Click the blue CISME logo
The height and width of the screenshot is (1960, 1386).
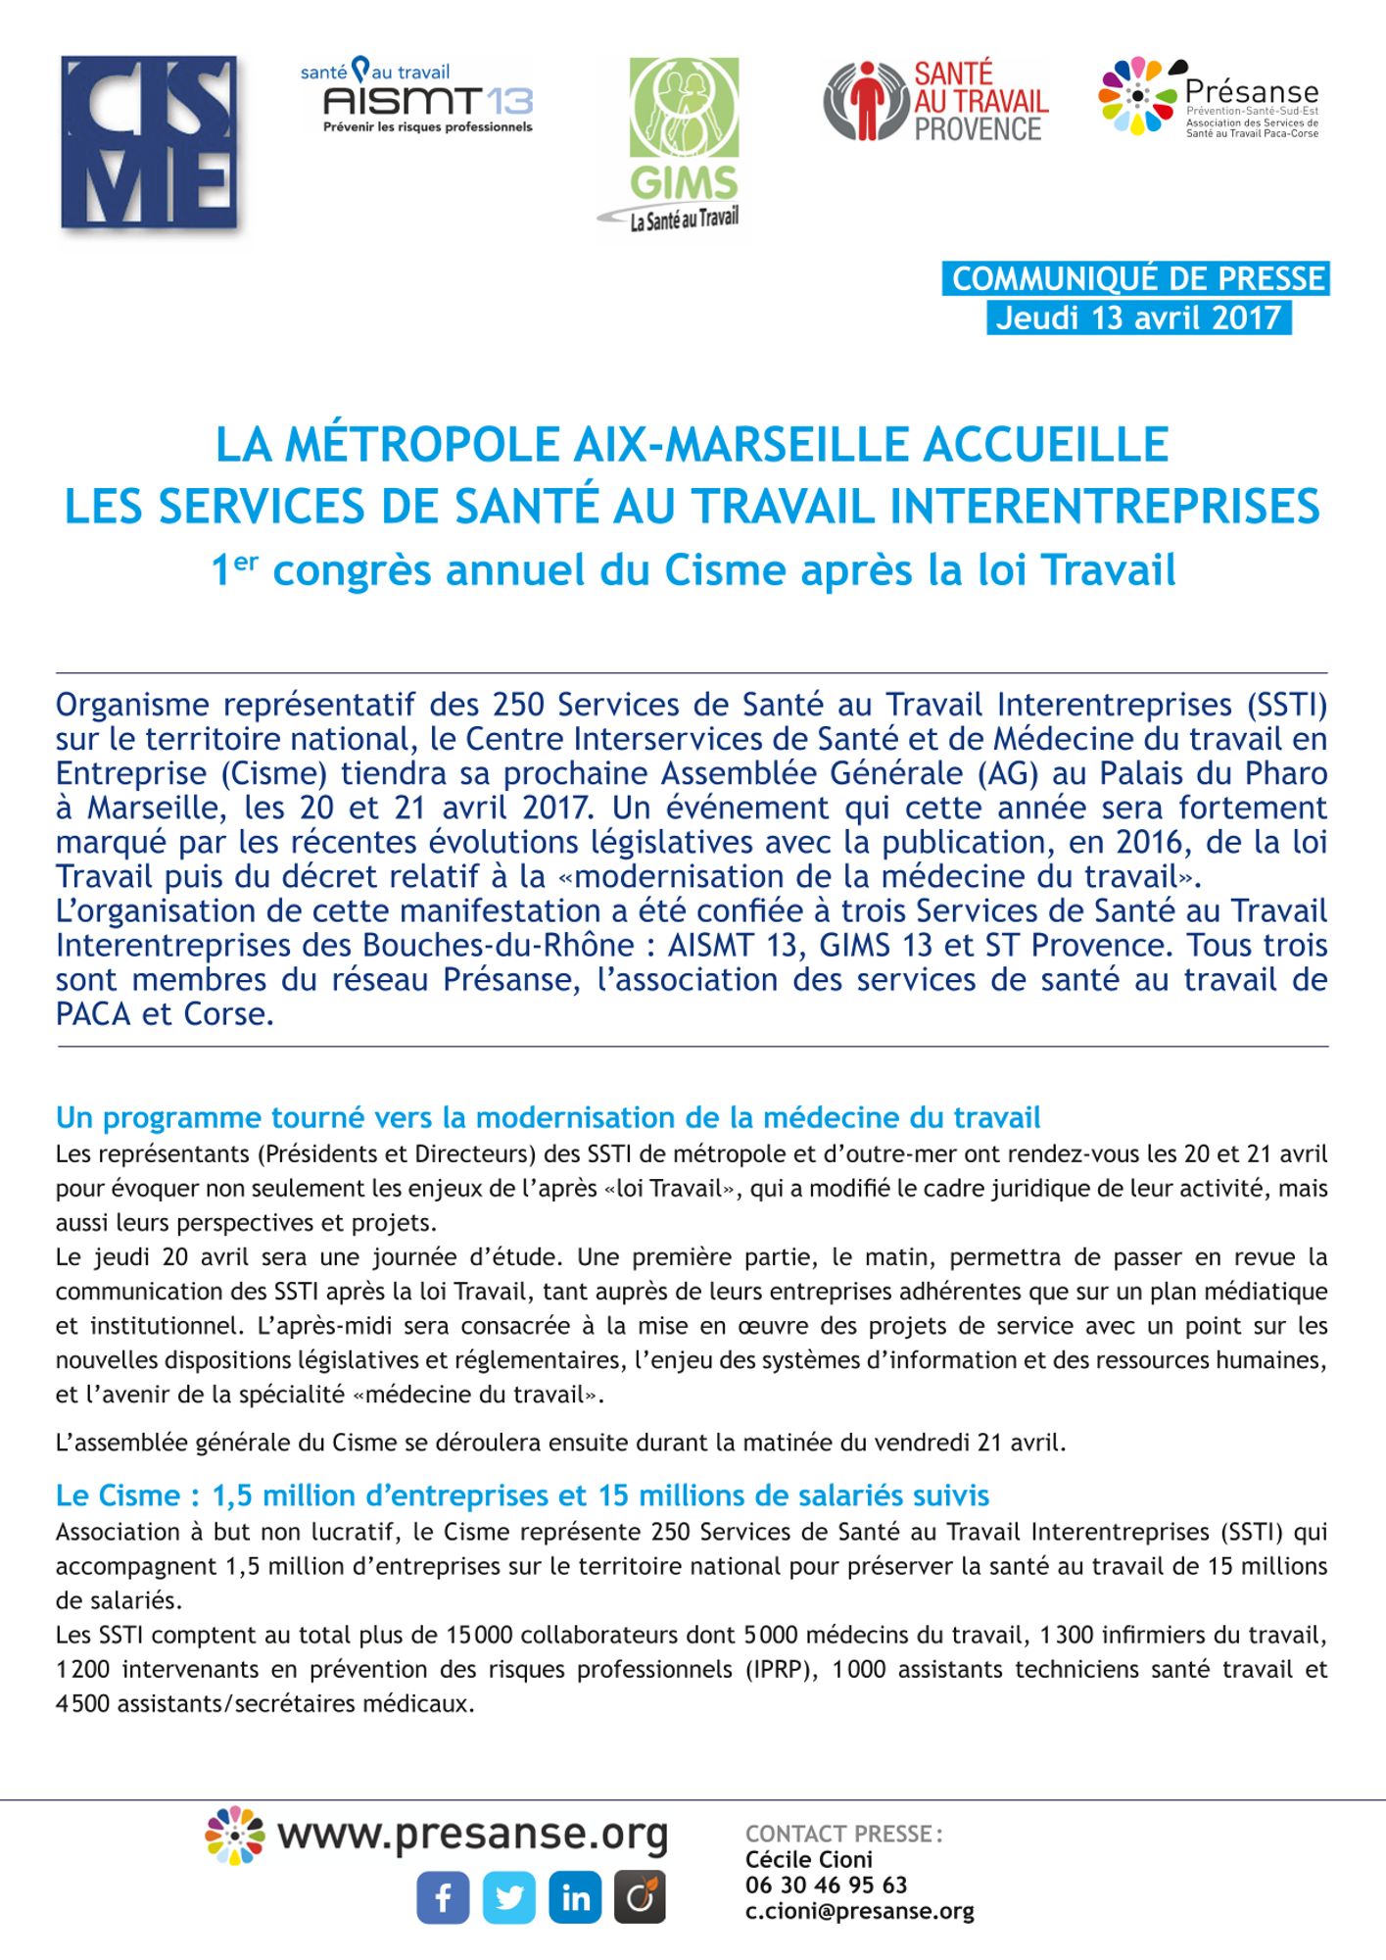coord(149,143)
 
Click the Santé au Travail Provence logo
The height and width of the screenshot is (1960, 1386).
coord(935,101)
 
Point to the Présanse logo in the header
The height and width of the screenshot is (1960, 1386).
coord(1209,97)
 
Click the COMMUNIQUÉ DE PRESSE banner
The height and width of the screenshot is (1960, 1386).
coord(1137,279)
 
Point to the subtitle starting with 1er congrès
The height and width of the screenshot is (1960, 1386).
coord(693,570)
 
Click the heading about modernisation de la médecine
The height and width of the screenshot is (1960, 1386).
coord(548,1117)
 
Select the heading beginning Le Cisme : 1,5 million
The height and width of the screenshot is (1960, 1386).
coord(522,1495)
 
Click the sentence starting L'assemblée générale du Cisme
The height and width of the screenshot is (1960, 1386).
coord(560,1443)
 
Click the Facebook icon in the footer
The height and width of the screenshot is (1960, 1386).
coord(443,1897)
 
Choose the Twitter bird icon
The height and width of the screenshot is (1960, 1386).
coord(509,1897)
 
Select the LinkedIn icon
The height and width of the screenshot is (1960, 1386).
coord(575,1897)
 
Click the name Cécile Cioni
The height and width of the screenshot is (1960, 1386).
coord(808,1859)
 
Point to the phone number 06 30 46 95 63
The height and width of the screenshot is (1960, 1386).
coord(826,1885)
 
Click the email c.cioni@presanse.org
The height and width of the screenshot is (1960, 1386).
coord(859,1911)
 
